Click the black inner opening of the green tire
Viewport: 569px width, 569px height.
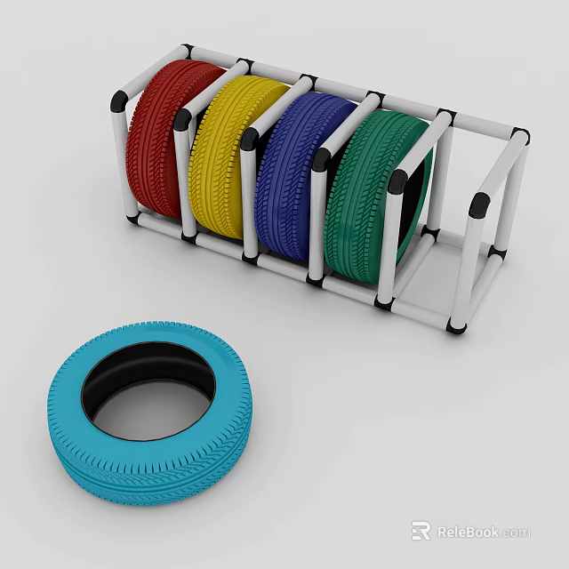(x=416, y=200)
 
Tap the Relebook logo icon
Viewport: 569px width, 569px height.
(x=421, y=532)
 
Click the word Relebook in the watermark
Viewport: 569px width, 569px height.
(x=467, y=533)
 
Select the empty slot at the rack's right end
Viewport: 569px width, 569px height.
(x=453, y=240)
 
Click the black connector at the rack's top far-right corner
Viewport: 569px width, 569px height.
(x=520, y=137)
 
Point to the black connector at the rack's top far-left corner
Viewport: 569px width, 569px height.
(x=186, y=50)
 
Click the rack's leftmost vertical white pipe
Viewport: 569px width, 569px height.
(x=122, y=160)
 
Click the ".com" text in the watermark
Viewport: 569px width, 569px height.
(x=516, y=533)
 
